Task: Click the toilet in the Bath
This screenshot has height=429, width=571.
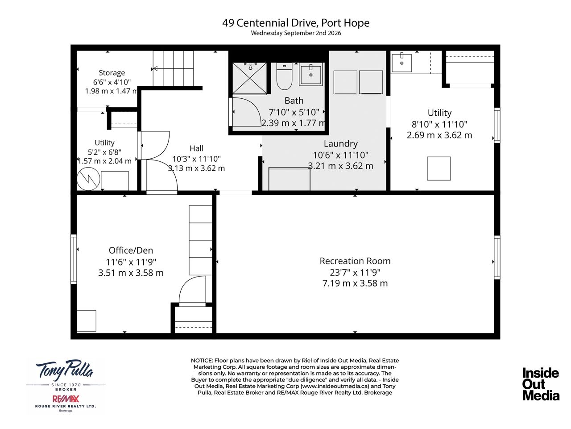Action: point(284,76)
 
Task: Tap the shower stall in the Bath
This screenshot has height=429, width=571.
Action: point(249,78)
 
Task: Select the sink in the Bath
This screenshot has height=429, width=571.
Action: point(311,74)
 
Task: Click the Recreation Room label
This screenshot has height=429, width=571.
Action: point(355,261)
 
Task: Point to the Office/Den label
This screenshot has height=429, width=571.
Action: point(131,250)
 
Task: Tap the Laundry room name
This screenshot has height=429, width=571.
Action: point(340,143)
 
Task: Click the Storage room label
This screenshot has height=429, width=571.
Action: point(112,72)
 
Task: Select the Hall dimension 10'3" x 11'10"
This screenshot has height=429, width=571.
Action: point(196,159)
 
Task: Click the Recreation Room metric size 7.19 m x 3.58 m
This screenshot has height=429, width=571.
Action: point(355,283)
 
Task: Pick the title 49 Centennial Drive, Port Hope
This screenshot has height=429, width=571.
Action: point(296,23)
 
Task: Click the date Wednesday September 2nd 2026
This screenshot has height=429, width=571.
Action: point(296,33)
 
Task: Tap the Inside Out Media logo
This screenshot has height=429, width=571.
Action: point(541,384)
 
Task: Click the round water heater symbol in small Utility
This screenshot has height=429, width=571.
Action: point(88,179)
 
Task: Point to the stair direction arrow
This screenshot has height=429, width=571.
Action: point(173,69)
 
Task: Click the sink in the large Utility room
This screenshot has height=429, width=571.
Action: point(401,63)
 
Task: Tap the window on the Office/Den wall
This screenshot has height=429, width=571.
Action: point(74,259)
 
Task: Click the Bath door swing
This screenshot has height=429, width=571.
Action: point(247,112)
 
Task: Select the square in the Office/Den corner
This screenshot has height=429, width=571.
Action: point(87,321)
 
